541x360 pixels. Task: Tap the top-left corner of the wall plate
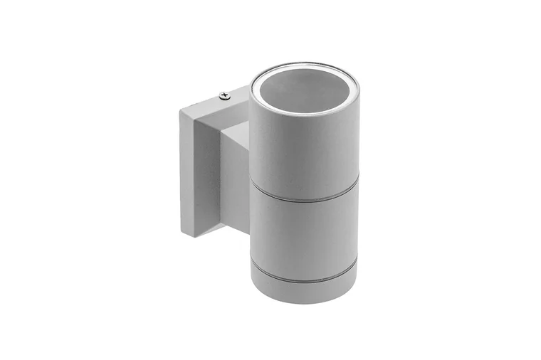point(179,108)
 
